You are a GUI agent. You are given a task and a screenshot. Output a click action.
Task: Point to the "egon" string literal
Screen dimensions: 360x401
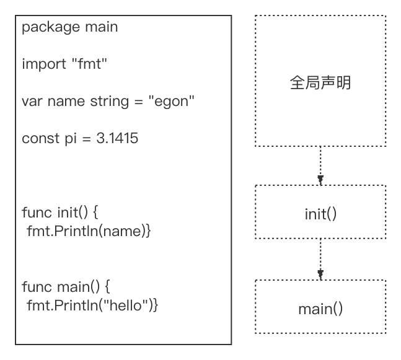171,101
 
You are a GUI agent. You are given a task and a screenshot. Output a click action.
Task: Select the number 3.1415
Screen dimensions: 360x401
117,138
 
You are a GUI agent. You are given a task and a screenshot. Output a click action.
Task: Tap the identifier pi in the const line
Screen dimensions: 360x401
70,138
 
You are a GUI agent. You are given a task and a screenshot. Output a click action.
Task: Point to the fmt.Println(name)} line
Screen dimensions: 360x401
89,231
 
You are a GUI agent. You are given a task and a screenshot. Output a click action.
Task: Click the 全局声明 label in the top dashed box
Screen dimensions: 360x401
320,82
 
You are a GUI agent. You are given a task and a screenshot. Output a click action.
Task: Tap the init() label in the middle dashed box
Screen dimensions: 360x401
320,214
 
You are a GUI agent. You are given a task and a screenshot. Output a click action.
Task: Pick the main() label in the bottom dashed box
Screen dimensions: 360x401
320,309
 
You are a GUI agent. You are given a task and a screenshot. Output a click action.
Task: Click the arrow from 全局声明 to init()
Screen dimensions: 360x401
320,166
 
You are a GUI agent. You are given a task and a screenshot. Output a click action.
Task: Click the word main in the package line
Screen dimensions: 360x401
101,27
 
